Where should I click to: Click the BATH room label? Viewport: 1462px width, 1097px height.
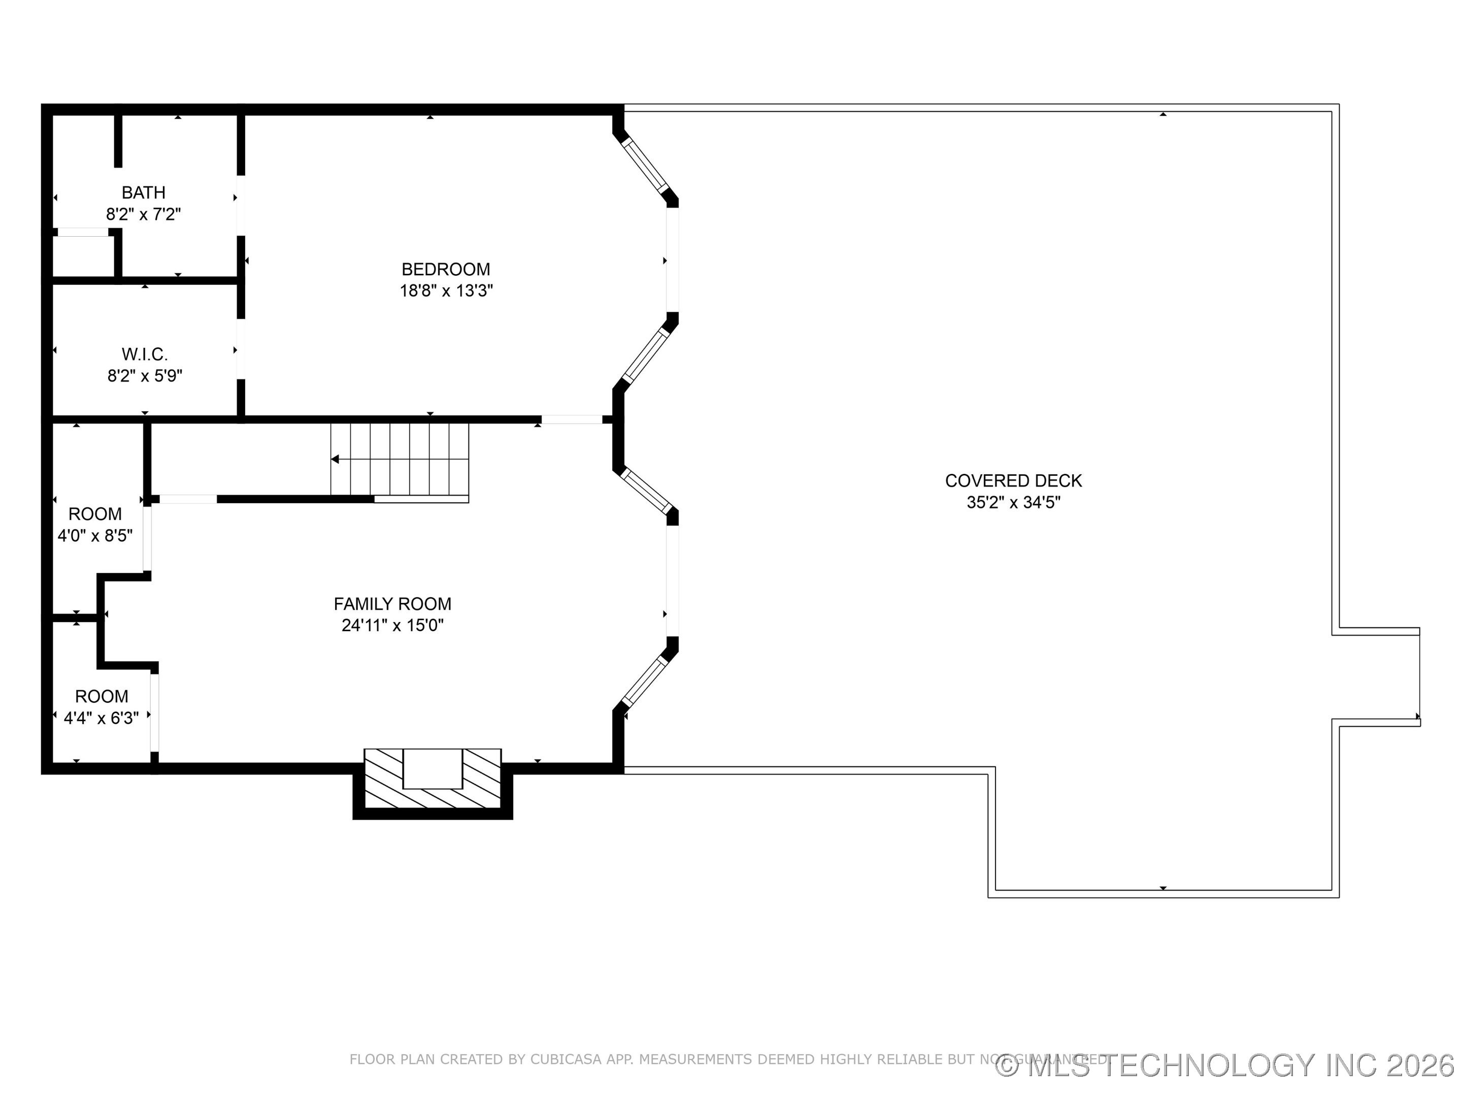point(144,192)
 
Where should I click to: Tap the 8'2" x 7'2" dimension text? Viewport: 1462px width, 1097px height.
point(144,214)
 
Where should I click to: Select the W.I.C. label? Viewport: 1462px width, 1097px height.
point(145,354)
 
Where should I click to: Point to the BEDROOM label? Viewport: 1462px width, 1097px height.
point(446,269)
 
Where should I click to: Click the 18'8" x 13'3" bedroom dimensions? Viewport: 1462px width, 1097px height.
point(446,291)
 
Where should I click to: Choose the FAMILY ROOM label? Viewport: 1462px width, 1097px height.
point(392,604)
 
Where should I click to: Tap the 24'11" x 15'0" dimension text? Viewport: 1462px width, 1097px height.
point(392,626)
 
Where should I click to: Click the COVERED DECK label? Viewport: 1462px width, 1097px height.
point(1013,481)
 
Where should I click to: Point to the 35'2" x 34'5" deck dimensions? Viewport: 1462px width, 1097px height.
point(1013,503)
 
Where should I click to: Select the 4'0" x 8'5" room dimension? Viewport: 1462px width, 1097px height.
point(95,536)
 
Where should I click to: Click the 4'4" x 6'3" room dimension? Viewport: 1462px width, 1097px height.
point(101,718)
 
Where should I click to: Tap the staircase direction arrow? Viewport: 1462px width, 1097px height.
point(336,459)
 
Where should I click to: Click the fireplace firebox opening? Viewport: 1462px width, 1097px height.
point(433,769)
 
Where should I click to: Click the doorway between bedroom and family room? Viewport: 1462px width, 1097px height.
point(572,419)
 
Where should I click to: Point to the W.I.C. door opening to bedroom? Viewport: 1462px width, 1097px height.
point(241,349)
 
